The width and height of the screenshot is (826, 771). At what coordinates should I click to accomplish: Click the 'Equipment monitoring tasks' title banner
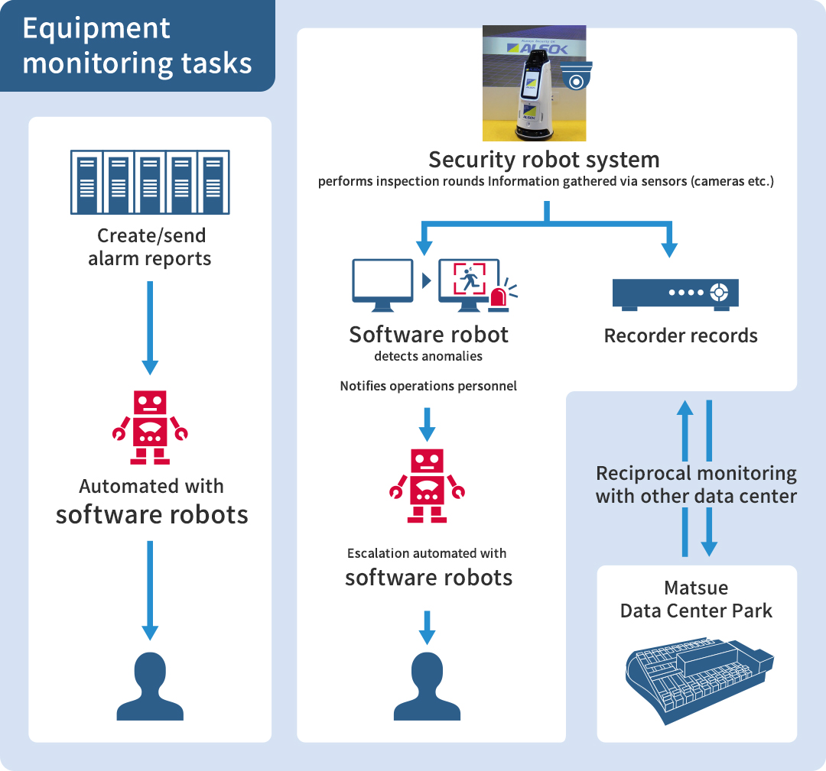[138, 46]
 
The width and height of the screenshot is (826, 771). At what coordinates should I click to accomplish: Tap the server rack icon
[150, 182]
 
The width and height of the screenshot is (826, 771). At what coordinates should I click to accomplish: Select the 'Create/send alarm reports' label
[150, 247]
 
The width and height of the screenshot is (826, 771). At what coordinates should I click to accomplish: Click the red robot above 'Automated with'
[150, 427]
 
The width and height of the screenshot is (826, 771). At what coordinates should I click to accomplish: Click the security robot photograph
[534, 83]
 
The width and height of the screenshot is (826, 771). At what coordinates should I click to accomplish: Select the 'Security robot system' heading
[544, 160]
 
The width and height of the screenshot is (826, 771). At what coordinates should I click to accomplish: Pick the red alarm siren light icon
[500, 297]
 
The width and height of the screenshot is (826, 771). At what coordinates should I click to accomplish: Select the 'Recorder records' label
[681, 335]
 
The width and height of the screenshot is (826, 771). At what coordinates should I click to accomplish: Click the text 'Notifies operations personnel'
[428, 386]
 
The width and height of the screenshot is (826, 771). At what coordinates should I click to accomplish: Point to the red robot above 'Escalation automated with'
[428, 485]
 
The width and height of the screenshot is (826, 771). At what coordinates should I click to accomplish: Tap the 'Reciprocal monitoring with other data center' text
[696, 484]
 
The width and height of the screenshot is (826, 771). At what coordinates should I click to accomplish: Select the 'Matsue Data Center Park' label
[696, 600]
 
